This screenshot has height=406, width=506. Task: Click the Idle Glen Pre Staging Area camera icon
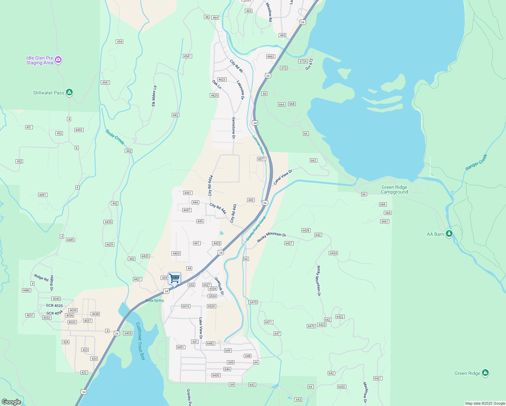58,60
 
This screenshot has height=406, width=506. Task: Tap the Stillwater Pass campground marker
69,92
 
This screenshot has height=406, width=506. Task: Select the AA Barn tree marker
449,233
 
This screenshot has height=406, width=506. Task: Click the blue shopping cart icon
174,278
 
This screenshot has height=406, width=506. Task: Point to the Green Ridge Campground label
394,189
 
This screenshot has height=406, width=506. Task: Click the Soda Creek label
115,137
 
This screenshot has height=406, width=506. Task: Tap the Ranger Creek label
476,162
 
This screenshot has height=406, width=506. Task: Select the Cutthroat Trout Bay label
140,341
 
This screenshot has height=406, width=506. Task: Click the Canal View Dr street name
283,177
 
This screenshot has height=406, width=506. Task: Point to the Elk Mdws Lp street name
154,96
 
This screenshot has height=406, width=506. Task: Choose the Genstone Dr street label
233,128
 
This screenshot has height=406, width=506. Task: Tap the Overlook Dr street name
219,286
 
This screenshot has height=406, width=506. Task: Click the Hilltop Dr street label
52,283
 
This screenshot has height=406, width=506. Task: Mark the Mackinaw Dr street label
365,392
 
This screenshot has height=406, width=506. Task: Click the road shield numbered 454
119,42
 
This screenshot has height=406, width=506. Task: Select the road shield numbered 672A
303,61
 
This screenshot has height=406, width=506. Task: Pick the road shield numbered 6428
305,230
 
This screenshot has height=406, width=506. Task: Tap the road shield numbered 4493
79,130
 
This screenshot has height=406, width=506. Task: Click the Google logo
11,402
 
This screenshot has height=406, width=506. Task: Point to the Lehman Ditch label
258,145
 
